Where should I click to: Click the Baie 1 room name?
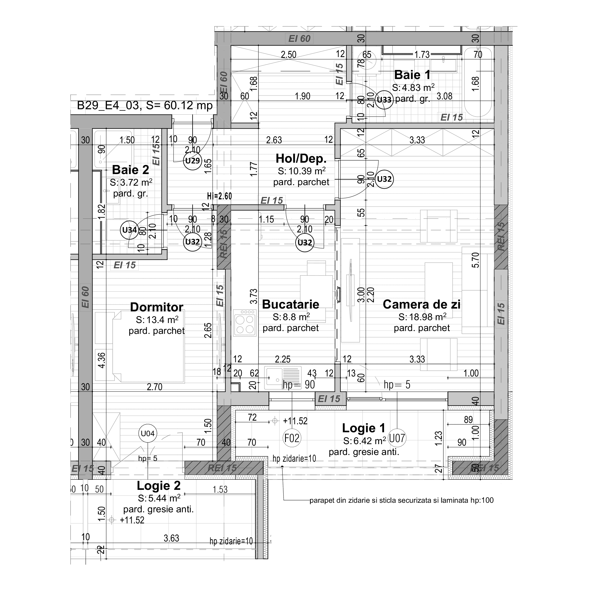(412, 75)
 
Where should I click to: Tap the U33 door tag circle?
(384, 100)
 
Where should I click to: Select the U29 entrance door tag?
(192, 161)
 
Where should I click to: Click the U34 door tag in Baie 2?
(129, 230)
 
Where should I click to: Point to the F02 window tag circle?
(292, 438)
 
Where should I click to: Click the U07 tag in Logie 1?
(397, 438)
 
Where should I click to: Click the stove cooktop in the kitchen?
(245, 323)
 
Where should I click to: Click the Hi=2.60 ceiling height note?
(219, 196)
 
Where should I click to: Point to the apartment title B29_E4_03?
(145, 106)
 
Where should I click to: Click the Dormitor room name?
(157, 307)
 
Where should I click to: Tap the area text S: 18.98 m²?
(422, 317)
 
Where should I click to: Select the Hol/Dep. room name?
(301, 159)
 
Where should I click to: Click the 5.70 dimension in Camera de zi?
(475, 260)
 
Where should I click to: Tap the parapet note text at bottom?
(401, 500)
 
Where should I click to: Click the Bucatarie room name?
(290, 304)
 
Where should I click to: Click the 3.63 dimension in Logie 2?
(171, 538)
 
